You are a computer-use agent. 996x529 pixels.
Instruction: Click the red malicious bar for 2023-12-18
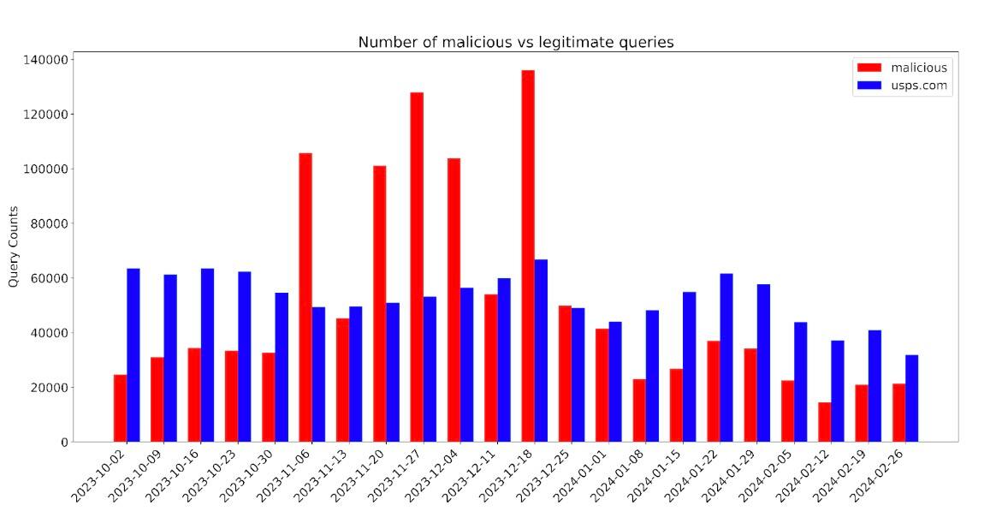click(x=528, y=256)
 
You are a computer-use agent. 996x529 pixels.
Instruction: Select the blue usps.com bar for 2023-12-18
click(x=541, y=351)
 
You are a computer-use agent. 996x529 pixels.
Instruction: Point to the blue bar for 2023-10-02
click(x=133, y=355)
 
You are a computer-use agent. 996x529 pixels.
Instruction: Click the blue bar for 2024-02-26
click(x=912, y=398)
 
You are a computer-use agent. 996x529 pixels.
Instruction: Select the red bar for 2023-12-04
click(x=454, y=300)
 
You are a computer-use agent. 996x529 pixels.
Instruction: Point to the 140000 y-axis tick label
click(x=45, y=60)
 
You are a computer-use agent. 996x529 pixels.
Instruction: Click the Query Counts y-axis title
click(x=13, y=247)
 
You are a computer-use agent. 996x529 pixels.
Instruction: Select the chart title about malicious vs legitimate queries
click(x=515, y=42)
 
